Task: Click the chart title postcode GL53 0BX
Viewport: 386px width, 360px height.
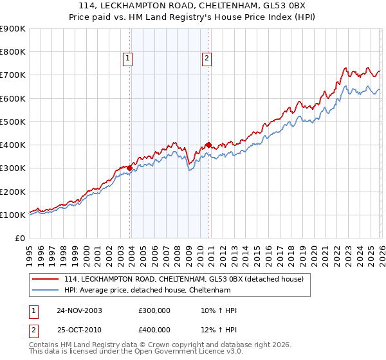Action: click(271, 6)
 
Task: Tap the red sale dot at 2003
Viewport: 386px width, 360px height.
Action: click(130, 168)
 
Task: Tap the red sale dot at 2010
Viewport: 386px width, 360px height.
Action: click(208, 145)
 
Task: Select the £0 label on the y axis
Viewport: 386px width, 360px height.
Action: click(19, 238)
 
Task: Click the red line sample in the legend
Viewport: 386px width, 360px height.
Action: click(46, 279)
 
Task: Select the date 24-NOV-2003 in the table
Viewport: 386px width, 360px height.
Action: click(79, 310)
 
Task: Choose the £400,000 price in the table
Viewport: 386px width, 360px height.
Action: click(154, 330)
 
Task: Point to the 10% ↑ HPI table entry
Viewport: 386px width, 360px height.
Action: click(219, 310)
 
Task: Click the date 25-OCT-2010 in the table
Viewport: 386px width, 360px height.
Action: click(79, 330)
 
